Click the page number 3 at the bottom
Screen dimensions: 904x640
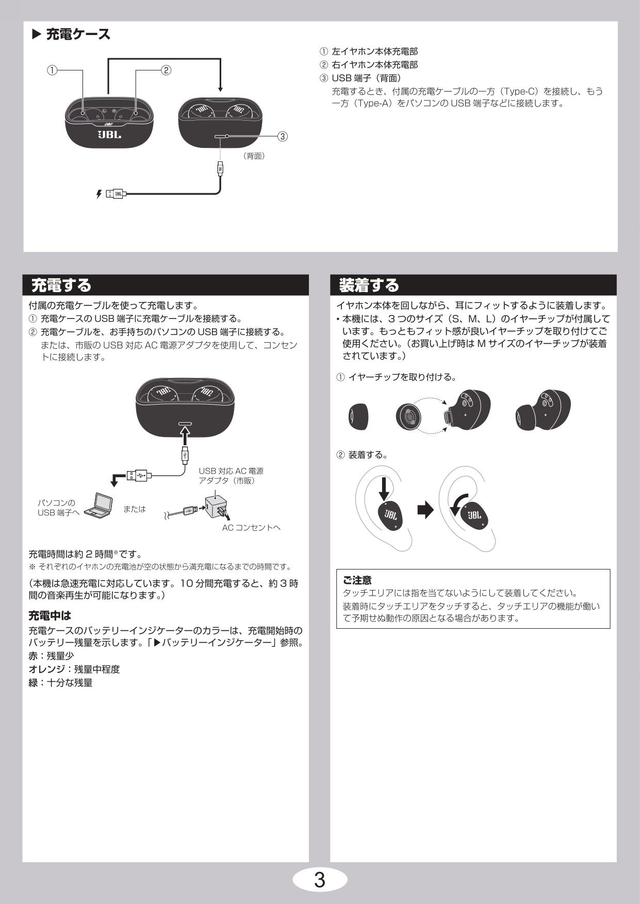tap(320, 880)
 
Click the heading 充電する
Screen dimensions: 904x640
tap(61, 285)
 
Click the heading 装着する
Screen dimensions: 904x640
tap(369, 285)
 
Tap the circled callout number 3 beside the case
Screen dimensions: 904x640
tap(283, 136)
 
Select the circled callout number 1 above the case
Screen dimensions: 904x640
tap(52, 70)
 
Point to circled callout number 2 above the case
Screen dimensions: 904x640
tap(166, 70)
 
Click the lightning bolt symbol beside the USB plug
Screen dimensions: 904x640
tap(99, 194)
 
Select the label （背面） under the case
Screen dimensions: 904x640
tap(254, 156)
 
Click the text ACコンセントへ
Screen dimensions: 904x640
tap(251, 528)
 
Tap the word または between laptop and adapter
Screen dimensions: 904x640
tap(135, 509)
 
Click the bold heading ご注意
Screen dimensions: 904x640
tap(357, 580)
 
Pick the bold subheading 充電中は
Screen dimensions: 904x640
tap(50, 615)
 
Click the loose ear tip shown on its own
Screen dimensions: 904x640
tap(358, 416)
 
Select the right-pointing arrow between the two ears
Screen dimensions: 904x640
tap(425, 510)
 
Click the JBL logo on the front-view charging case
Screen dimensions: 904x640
tap(109, 135)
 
